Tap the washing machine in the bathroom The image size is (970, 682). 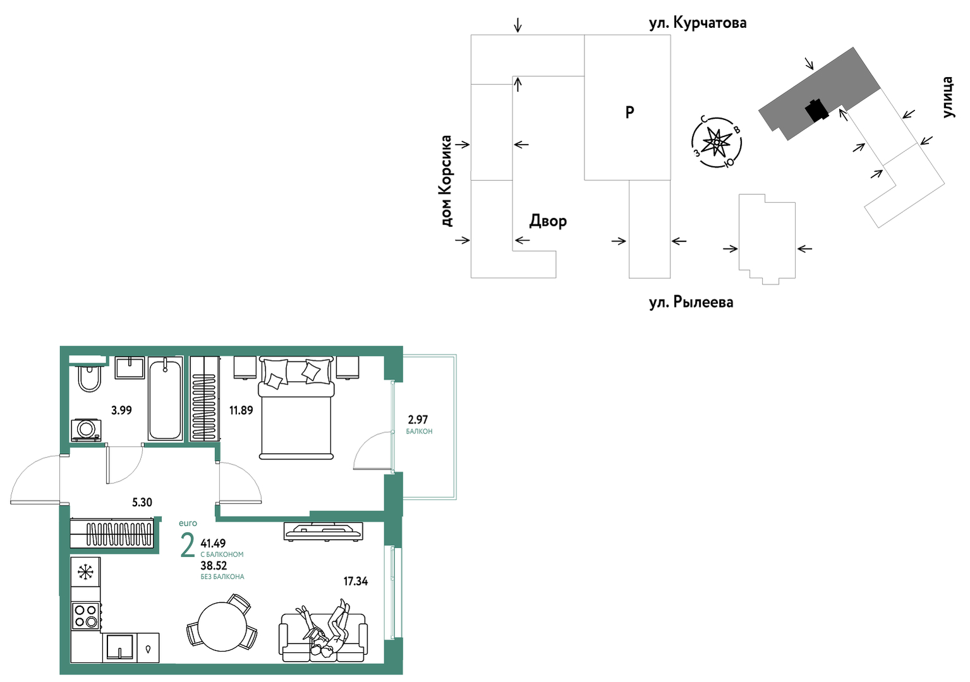point(86,430)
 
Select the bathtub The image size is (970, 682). point(164,398)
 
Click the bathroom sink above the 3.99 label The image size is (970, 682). point(130,368)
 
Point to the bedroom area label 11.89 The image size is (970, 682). point(241,410)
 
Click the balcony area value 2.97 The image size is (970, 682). point(418,419)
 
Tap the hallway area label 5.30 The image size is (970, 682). point(142,502)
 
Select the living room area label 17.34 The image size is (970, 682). point(356,581)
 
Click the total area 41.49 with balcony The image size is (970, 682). point(213,543)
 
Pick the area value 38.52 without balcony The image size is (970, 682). point(214,566)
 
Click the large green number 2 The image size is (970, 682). point(188,547)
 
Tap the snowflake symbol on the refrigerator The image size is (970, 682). point(86,573)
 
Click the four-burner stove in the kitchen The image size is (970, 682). point(86,616)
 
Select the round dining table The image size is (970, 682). point(222,626)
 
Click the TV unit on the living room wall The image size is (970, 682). point(323,531)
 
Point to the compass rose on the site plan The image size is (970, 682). point(716,142)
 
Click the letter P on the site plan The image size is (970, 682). point(629,113)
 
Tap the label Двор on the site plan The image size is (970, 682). point(548,221)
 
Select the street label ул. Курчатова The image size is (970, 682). point(698,23)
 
